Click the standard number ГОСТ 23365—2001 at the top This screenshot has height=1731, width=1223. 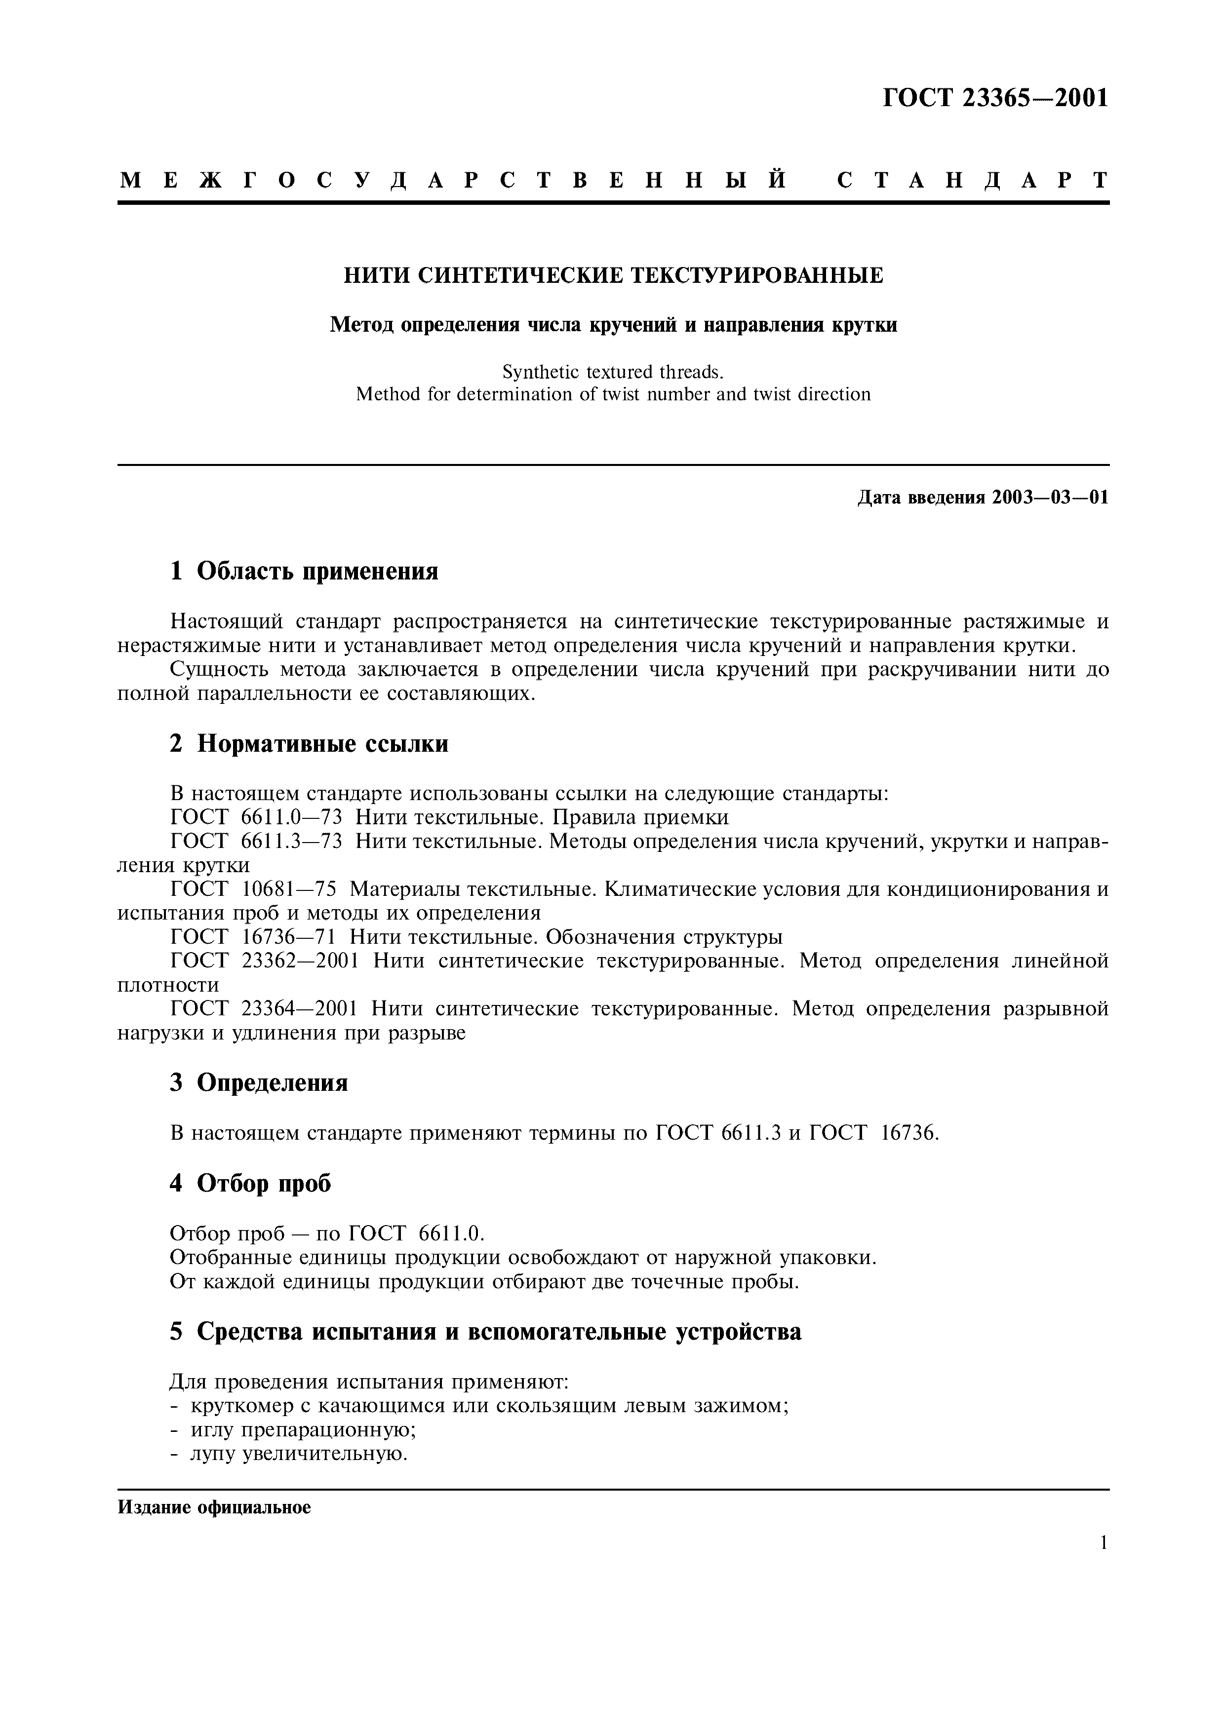[x=995, y=98]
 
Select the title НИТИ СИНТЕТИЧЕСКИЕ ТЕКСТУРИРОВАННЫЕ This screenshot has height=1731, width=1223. [x=613, y=275]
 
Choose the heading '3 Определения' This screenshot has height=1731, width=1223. [x=259, y=1082]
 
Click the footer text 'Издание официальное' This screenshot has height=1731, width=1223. [x=214, y=1508]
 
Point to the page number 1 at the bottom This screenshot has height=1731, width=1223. [x=1103, y=1543]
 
